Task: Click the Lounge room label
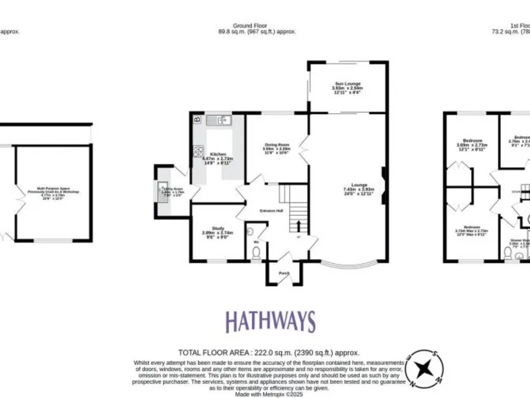pyautogui.click(x=359, y=185)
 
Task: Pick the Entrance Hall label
pyautogui.click(x=271, y=210)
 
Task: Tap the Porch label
pyautogui.click(x=284, y=273)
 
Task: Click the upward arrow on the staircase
pyautogui.click(x=298, y=225)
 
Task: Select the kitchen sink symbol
pyautogui.click(x=222, y=120)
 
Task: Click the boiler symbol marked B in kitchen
pyautogui.click(x=197, y=120)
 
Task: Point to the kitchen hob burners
pyautogui.click(x=198, y=153)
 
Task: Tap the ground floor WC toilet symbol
pyautogui.click(x=256, y=253)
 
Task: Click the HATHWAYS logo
pyautogui.click(x=271, y=321)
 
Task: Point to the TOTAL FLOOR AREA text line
pyautogui.click(x=269, y=352)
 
